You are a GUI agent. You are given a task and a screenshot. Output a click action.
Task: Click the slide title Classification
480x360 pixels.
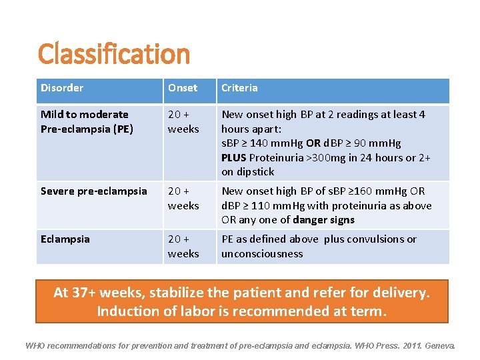point(114,54)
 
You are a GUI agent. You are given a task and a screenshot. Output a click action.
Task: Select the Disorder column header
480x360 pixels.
point(62,88)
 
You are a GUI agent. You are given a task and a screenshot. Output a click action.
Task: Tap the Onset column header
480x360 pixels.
point(183,88)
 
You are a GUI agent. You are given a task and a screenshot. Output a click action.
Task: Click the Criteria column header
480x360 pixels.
point(239,88)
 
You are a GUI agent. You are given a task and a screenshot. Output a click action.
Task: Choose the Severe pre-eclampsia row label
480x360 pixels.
point(93,191)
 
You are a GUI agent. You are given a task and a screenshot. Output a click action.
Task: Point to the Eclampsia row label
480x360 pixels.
point(65,239)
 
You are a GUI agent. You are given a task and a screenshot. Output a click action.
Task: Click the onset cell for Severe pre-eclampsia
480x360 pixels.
point(183,199)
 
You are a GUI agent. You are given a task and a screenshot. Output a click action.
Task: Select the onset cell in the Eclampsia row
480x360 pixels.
point(183,247)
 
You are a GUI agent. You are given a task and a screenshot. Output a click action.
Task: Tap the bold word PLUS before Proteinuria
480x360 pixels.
point(235,157)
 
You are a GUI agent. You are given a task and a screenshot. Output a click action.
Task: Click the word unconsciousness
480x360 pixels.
point(262,254)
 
